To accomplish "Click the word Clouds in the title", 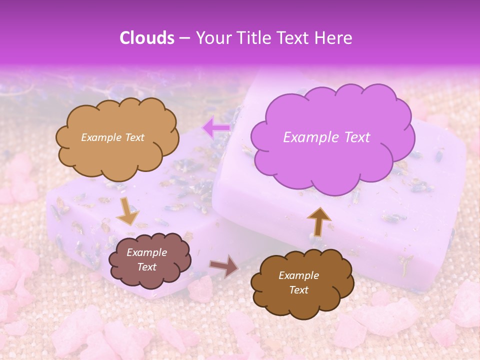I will [147, 38].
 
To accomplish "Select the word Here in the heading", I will [333, 38].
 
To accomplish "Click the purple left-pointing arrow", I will [216, 128].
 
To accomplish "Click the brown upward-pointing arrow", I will [319, 220].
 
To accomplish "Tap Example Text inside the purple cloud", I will [326, 137].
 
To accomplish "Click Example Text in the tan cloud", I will [112, 137].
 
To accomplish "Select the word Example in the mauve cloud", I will [146, 252].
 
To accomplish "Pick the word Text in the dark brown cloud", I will [299, 290].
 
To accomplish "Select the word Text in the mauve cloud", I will [147, 267].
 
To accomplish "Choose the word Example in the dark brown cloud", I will [298, 275].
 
